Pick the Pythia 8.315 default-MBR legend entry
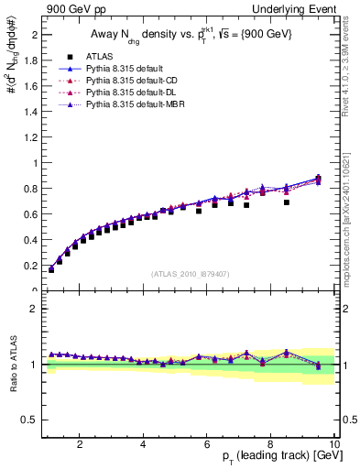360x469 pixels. click(129, 105)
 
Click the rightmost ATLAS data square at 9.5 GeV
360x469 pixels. click(318, 180)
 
